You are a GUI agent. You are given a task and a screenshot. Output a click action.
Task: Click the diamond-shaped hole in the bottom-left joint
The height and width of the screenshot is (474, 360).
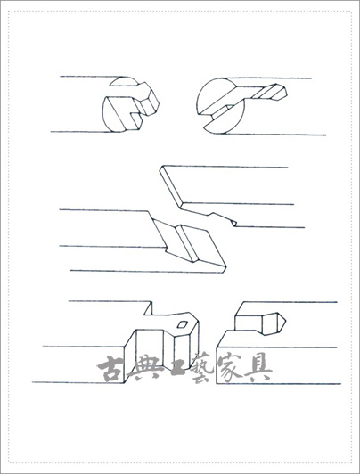tap(183, 324)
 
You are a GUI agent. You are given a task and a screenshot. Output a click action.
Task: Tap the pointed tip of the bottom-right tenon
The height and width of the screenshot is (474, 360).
tap(286, 320)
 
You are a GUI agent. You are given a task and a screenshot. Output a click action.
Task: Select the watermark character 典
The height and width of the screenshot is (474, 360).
tap(141, 369)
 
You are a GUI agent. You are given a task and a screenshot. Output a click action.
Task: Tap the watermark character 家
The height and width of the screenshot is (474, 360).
tap(230, 369)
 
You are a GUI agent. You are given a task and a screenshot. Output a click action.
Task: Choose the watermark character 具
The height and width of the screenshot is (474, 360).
tap(258, 369)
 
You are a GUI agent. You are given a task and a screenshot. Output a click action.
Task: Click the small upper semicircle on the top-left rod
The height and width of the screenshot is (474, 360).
tap(124, 82)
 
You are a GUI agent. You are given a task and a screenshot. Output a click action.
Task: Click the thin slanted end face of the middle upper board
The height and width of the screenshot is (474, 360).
tap(171, 184)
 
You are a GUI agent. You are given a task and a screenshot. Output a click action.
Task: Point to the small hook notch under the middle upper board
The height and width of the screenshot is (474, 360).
tap(233, 223)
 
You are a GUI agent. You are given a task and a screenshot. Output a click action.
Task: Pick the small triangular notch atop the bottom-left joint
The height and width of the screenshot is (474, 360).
tap(149, 308)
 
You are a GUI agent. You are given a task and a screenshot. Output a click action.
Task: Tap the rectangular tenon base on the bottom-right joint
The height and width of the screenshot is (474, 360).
tap(249, 323)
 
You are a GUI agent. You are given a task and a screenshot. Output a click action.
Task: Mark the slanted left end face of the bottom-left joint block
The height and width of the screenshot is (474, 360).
tap(130, 356)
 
